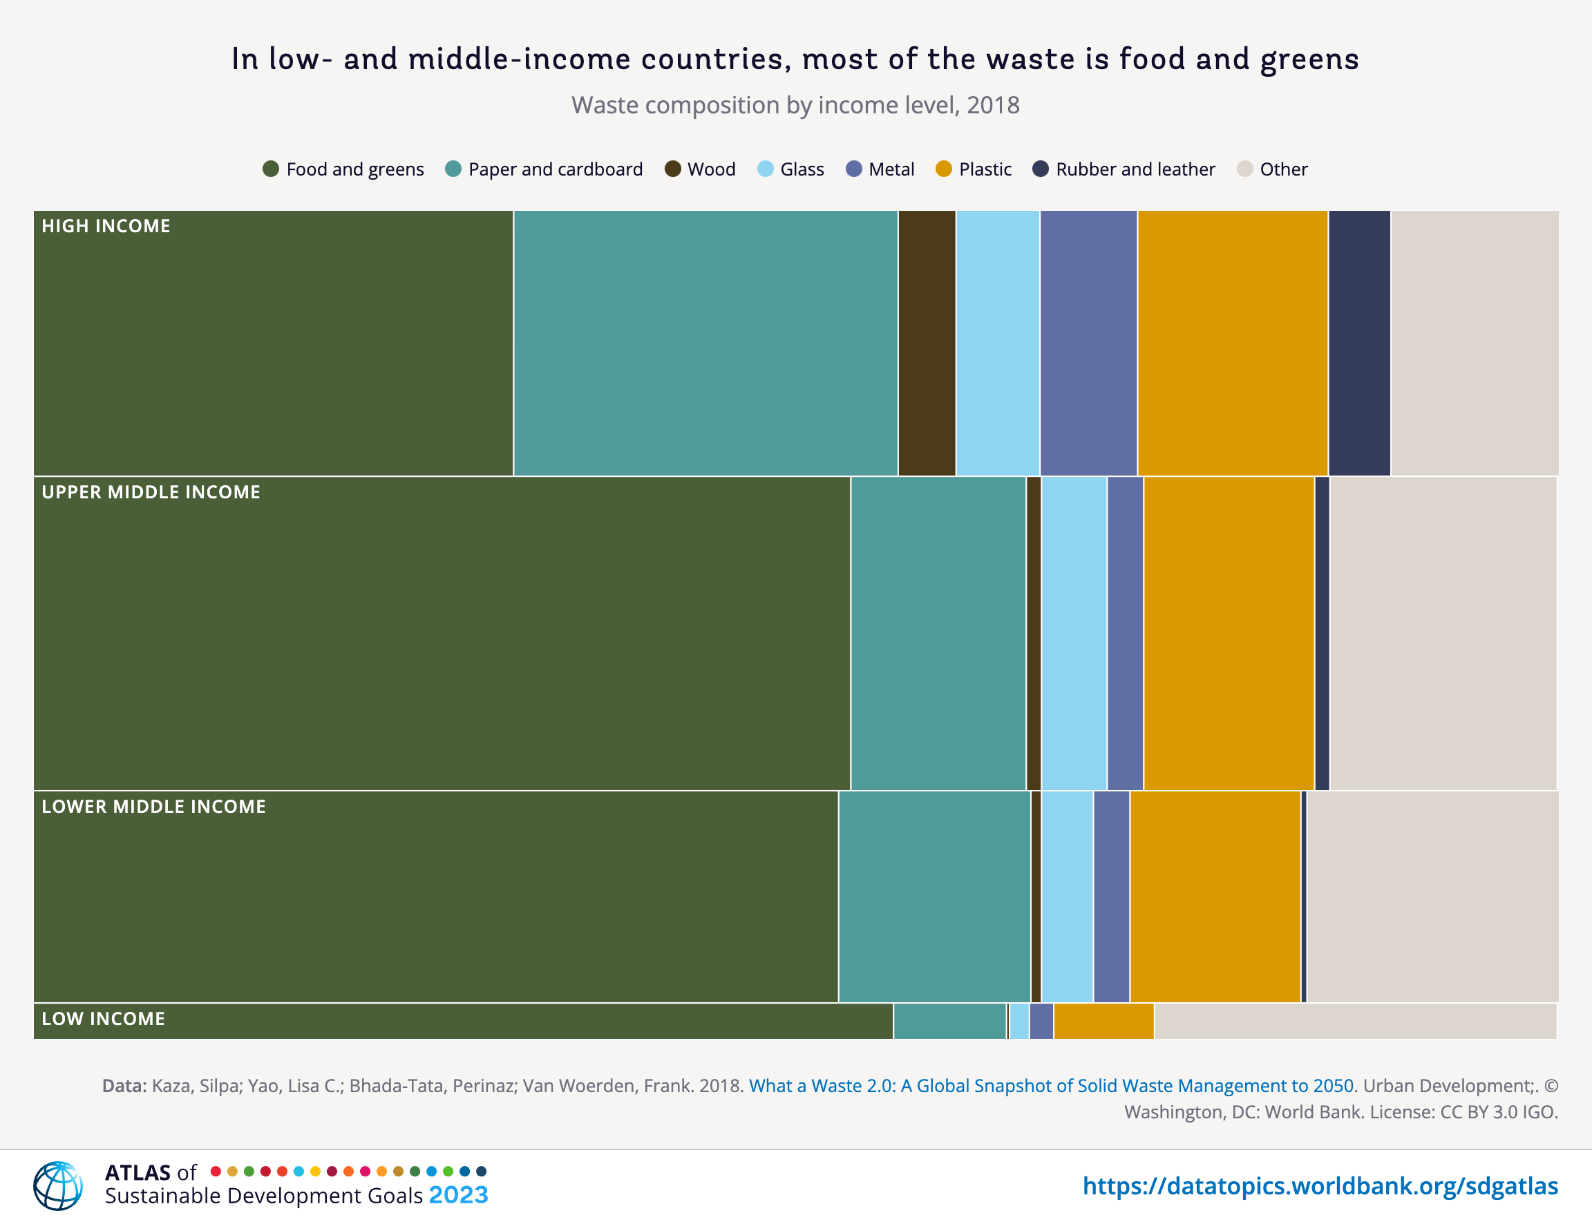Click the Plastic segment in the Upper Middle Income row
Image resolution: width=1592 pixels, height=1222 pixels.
pos(1229,633)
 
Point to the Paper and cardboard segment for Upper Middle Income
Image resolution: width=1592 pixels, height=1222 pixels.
pos(938,633)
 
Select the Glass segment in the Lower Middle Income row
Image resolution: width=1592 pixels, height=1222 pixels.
pos(1067,896)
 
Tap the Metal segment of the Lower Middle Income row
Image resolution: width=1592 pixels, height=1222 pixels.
pos(1111,896)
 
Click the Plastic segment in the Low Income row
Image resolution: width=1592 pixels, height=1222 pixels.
pos(1103,1020)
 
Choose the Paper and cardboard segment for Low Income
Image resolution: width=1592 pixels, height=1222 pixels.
pos(950,1020)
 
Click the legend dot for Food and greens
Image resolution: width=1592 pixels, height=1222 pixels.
pos(271,169)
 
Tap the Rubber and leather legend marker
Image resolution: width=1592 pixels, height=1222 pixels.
pos(1041,169)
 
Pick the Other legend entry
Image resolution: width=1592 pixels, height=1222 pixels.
pos(1272,169)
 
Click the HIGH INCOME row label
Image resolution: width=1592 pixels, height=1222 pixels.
pos(106,226)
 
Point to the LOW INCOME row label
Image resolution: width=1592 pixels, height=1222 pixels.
pos(103,1018)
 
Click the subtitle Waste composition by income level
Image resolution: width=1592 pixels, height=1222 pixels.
pos(795,106)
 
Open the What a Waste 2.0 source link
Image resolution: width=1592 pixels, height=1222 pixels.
pos(1051,1085)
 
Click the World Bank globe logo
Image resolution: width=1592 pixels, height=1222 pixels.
pos(57,1185)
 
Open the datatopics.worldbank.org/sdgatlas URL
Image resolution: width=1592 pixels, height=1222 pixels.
pos(1320,1185)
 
